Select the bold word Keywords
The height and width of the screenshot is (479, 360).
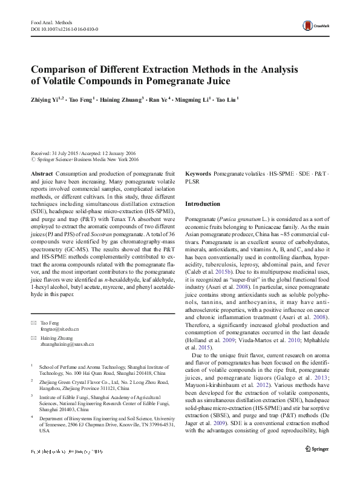198,173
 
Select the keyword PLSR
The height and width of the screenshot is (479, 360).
192,181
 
